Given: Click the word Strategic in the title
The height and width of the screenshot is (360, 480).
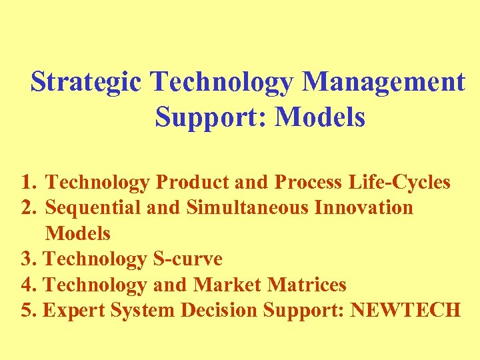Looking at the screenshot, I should click(86, 82).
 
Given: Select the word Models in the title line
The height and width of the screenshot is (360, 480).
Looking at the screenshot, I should click(320, 117).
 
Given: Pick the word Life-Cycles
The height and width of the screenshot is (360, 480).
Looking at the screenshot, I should click(405, 181).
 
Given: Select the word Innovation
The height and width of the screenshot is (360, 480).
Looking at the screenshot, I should click(363, 207).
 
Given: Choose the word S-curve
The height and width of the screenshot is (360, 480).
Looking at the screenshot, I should click(187, 259).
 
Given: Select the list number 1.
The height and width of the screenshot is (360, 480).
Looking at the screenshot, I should click(27, 181).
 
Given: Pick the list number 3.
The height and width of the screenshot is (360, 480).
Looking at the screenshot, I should click(27, 259).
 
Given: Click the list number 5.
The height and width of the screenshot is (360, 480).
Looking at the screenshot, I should click(27, 311).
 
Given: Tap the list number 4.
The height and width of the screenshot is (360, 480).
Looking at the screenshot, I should click(27, 285).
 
